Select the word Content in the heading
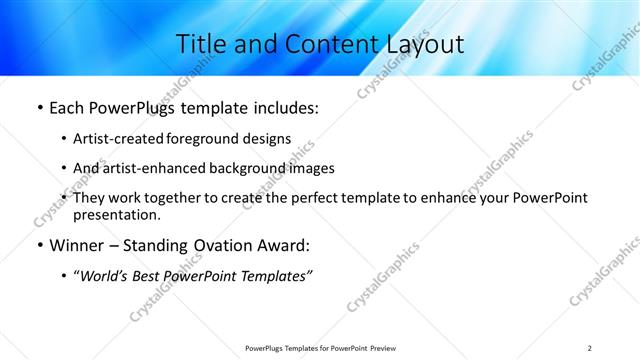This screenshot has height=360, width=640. (x=317, y=45)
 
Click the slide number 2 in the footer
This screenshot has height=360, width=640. (x=590, y=348)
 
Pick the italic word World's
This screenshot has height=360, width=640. (x=105, y=276)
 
